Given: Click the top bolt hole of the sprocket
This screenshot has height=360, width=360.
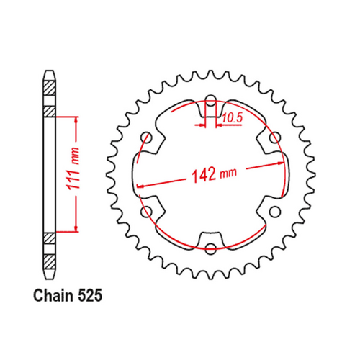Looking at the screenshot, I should point(210,101).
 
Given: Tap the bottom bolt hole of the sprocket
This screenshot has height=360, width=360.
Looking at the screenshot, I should point(210,248).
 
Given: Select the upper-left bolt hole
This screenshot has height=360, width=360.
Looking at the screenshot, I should point(147,138).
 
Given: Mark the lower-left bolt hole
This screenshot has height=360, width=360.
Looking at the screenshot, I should point(147,212).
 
